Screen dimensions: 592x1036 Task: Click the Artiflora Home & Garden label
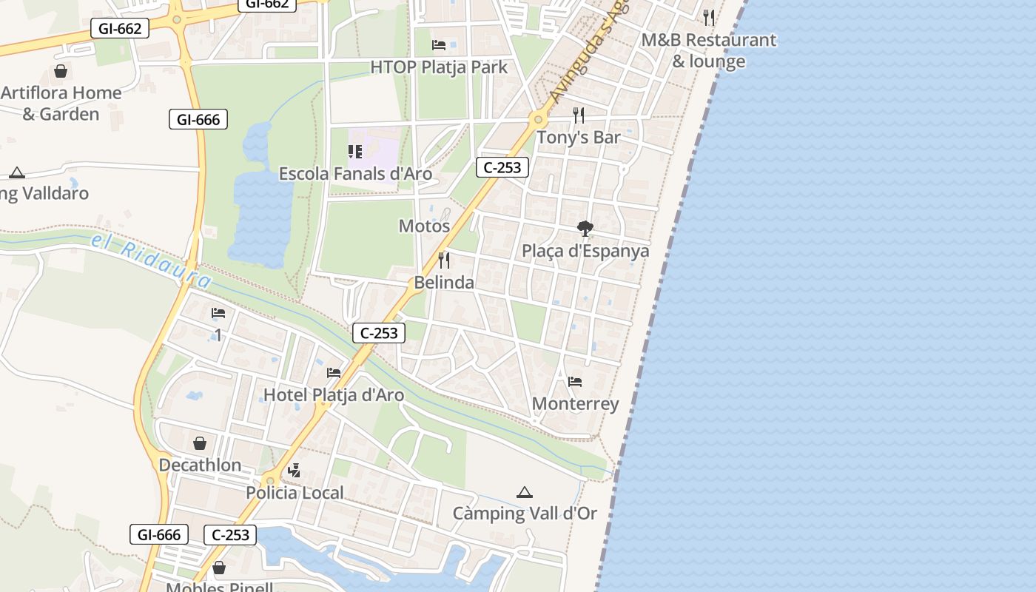pyautogui.click(x=61, y=103)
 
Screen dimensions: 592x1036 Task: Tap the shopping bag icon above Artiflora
pyautogui.click(x=61, y=71)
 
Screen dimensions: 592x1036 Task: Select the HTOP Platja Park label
pyautogui.click(x=439, y=67)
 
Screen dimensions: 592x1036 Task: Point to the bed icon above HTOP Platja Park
pyautogui.click(x=439, y=45)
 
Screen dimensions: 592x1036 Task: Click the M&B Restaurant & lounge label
pyautogui.click(x=708, y=50)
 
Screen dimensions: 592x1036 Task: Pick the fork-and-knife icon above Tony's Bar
pyautogui.click(x=579, y=115)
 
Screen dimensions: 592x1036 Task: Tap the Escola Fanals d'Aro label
pyautogui.click(x=355, y=174)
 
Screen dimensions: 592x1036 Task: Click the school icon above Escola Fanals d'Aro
pyautogui.click(x=355, y=152)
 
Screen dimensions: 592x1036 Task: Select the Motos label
pyautogui.click(x=424, y=226)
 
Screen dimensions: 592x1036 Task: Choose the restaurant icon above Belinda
pyautogui.click(x=444, y=260)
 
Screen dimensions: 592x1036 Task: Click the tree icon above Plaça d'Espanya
pyautogui.click(x=585, y=228)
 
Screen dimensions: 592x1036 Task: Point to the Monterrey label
pyautogui.click(x=575, y=404)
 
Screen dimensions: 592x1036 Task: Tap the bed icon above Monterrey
pyautogui.click(x=575, y=382)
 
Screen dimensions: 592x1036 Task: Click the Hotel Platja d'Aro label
pyautogui.click(x=334, y=395)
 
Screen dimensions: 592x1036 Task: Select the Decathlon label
pyautogui.click(x=200, y=465)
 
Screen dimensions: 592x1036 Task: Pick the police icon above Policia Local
pyautogui.click(x=295, y=470)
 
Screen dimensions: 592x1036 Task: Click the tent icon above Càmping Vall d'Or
pyautogui.click(x=525, y=492)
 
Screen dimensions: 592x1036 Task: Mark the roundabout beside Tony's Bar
pyautogui.click(x=538, y=119)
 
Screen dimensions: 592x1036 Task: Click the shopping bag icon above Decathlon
pyautogui.click(x=200, y=443)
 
